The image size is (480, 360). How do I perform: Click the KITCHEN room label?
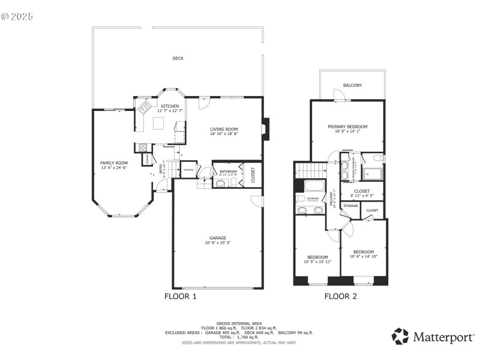click(169, 106)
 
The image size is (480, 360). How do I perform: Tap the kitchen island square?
click(158, 123)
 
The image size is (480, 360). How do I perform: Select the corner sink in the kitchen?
click(144, 108)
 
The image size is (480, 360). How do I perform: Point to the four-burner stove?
click(143, 148)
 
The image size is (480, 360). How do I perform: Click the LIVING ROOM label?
click(224, 129)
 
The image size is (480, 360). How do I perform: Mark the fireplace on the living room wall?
click(266, 128)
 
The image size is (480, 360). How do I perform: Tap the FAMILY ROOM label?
click(114, 163)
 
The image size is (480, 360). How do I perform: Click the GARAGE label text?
click(217, 238)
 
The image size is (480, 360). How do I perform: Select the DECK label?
click(178, 58)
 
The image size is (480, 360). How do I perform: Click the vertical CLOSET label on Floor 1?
click(253, 175)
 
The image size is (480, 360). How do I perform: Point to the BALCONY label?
click(352, 85)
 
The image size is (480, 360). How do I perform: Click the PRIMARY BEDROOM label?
click(347, 127)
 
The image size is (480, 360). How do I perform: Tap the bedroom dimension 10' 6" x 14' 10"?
click(363, 257)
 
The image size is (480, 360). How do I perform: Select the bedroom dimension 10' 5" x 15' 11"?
click(317, 262)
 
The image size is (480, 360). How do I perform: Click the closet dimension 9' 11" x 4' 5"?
click(362, 195)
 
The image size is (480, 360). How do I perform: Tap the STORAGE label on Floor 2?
click(350, 206)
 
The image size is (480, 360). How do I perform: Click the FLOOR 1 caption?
click(180, 296)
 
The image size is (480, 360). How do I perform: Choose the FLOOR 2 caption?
click(340, 296)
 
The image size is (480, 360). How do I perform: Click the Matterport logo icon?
click(400, 336)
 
